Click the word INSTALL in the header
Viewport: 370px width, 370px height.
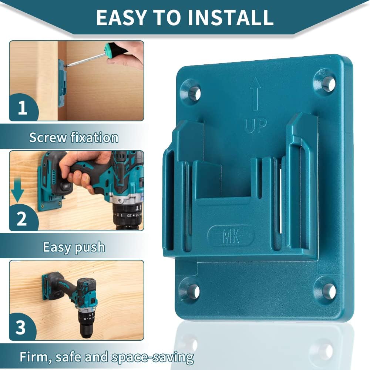pyautogui.click(x=231, y=17)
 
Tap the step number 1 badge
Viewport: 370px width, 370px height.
pyautogui.click(x=23, y=108)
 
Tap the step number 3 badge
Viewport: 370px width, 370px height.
pyautogui.click(x=21, y=327)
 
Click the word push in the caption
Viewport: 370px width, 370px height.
pyautogui.click(x=89, y=247)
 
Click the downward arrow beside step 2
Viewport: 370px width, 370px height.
pyautogui.click(x=17, y=191)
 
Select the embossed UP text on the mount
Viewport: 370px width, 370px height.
pyautogui.click(x=255, y=126)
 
